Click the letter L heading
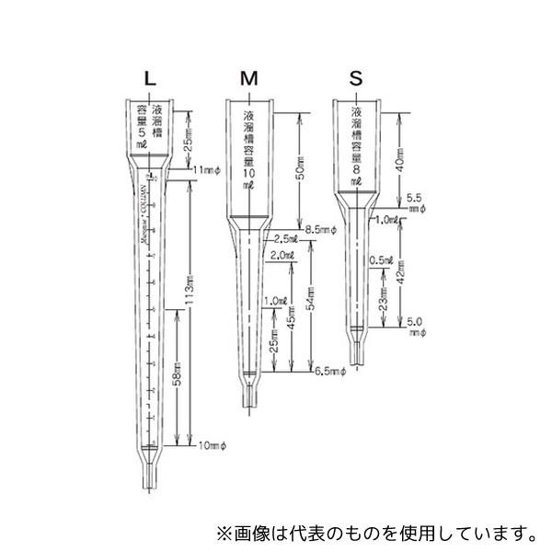tap(150, 78)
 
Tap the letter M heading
tap(247, 78)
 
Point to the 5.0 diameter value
tap(413, 321)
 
